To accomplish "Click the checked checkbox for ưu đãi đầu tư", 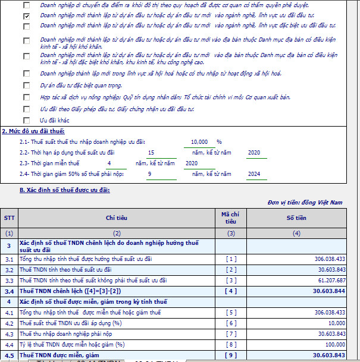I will [x=26, y=15].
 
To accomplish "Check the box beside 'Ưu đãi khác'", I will [x=26, y=120].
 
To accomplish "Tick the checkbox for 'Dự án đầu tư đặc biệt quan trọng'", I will [x=26, y=85].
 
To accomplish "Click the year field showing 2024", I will [x=254, y=174].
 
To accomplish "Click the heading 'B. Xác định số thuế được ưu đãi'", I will [x=64, y=190].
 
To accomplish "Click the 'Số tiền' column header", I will [x=296, y=218].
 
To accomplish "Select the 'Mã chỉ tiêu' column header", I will [x=230, y=218].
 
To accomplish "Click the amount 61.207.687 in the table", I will [x=328, y=279].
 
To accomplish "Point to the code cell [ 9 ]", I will [x=231, y=355].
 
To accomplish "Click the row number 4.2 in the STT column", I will [x=10, y=323].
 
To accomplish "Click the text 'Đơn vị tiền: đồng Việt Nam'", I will [x=305, y=203].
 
